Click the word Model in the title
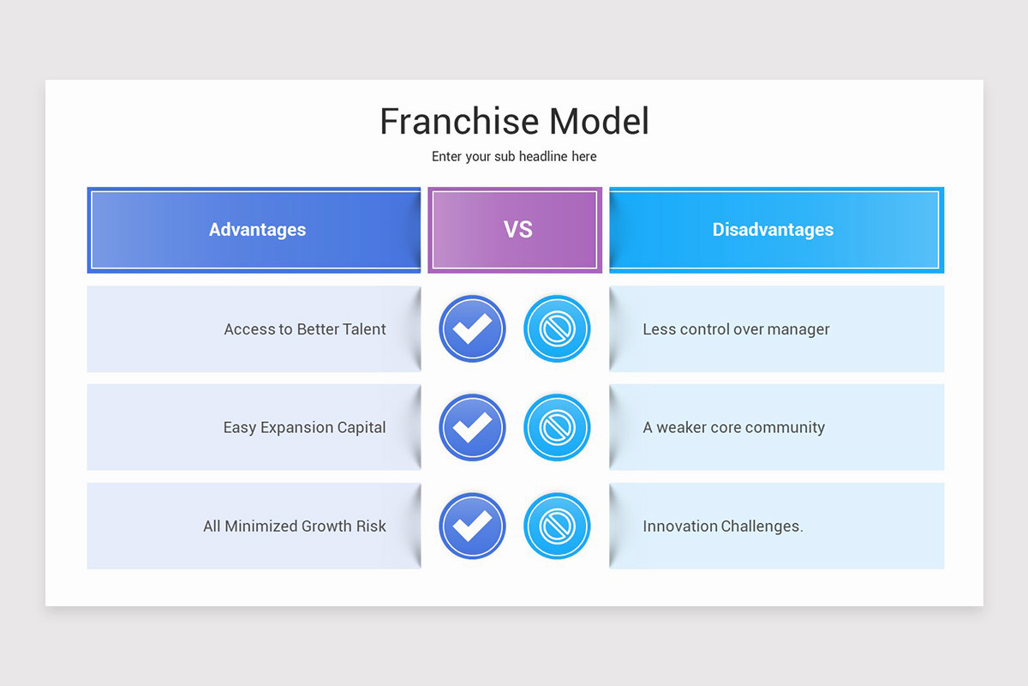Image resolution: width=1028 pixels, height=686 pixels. click(x=599, y=122)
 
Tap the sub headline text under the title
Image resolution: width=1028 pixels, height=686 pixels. click(x=514, y=157)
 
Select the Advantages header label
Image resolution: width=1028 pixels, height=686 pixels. click(x=257, y=230)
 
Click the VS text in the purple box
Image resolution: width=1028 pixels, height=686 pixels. click(x=518, y=230)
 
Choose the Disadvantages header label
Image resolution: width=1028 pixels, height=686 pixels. click(x=773, y=230)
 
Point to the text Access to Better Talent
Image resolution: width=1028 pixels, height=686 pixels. click(x=305, y=329)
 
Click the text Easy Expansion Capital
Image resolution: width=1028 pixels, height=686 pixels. click(x=304, y=428)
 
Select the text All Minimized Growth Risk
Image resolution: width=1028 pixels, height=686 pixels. click(x=295, y=527)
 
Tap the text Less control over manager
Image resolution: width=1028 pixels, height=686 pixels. click(x=736, y=329)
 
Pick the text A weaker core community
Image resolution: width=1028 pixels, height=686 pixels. click(x=733, y=428)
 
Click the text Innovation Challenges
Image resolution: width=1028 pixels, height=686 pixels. click(x=723, y=527)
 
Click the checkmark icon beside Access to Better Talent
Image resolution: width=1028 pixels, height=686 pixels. click(x=472, y=328)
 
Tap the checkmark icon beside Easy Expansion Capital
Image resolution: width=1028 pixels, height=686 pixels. click(x=472, y=427)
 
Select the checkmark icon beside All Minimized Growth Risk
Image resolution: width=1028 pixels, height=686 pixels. click(x=472, y=526)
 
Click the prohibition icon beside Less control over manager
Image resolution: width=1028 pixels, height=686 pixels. click(x=557, y=328)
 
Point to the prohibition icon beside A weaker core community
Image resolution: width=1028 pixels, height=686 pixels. click(x=557, y=427)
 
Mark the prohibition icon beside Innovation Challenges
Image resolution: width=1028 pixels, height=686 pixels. click(x=557, y=526)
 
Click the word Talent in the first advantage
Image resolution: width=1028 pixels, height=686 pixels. click(x=364, y=329)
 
